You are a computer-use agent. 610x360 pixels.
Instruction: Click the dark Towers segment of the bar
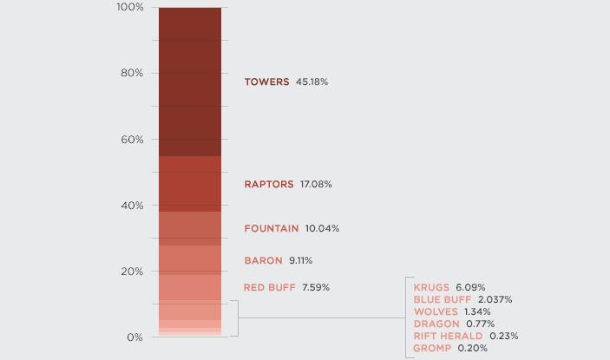pyautogui.click(x=189, y=82)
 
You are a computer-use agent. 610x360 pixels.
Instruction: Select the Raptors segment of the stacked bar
pyautogui.click(x=189, y=184)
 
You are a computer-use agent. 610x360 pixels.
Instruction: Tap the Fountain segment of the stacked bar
pyautogui.click(x=189, y=228)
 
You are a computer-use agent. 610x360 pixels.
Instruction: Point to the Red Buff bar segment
pyautogui.click(x=189, y=287)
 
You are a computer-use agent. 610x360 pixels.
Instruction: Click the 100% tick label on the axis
pyautogui.click(x=129, y=8)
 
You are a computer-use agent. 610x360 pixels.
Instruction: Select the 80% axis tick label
pyautogui.click(x=132, y=74)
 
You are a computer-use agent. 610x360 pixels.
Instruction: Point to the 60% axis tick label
pyautogui.click(x=132, y=140)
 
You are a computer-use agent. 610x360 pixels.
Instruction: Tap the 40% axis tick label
pyautogui.click(x=132, y=206)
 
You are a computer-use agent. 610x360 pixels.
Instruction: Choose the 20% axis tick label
pyautogui.click(x=132, y=272)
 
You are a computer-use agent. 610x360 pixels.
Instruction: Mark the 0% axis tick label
pyautogui.click(x=134, y=337)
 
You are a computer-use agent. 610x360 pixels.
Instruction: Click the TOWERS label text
pyautogui.click(x=266, y=82)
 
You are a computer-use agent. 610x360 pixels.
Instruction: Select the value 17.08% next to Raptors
pyautogui.click(x=316, y=185)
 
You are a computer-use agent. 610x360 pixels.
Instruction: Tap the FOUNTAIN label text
pyautogui.click(x=271, y=229)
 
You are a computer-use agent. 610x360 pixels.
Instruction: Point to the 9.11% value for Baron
pyautogui.click(x=300, y=261)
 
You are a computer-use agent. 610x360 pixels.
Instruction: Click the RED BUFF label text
pyautogui.click(x=269, y=288)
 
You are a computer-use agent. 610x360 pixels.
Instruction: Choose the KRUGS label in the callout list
pyautogui.click(x=431, y=288)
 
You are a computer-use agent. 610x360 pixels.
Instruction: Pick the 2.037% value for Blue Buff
pyautogui.click(x=495, y=300)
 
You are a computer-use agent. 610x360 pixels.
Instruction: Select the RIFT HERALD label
pyautogui.click(x=448, y=337)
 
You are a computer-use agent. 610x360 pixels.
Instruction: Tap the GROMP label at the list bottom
pyautogui.click(x=432, y=349)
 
